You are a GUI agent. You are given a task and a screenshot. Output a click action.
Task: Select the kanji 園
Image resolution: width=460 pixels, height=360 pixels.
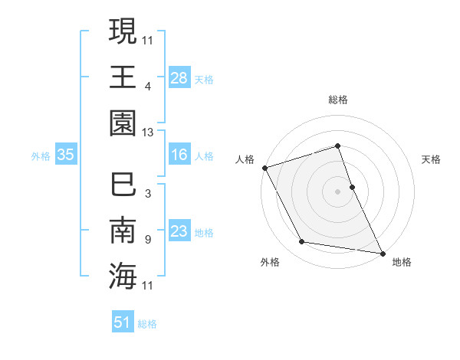click(x=123, y=122)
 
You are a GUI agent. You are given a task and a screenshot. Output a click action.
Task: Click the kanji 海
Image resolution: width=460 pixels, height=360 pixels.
click(x=123, y=277)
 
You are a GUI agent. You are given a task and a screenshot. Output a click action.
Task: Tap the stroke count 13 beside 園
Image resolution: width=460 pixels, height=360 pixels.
click(x=148, y=133)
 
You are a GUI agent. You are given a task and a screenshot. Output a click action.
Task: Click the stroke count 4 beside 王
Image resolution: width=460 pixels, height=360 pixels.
click(x=148, y=85)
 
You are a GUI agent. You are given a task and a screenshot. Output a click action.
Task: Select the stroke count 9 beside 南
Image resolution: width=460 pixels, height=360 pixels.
click(x=148, y=240)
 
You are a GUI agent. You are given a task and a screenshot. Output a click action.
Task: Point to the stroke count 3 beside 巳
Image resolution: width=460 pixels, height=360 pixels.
click(x=148, y=194)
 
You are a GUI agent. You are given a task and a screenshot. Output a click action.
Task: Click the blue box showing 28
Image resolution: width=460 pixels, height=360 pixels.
click(x=179, y=77)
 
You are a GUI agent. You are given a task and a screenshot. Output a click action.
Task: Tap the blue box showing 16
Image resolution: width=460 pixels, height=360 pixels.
click(x=179, y=155)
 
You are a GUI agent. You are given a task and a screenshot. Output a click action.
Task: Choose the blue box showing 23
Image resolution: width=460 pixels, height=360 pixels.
click(x=179, y=232)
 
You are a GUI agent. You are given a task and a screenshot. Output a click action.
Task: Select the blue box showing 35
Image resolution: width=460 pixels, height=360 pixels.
click(x=65, y=155)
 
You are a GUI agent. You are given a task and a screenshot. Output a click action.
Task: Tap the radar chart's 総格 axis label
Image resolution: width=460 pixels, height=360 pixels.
click(x=337, y=100)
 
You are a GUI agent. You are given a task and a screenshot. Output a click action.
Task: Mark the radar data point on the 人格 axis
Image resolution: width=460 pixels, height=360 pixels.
click(x=264, y=168)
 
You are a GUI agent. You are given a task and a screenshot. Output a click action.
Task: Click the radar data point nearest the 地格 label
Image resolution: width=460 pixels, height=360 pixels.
click(x=381, y=252)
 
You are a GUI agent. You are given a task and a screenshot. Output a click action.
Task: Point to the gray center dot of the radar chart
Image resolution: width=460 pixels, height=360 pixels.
click(x=337, y=191)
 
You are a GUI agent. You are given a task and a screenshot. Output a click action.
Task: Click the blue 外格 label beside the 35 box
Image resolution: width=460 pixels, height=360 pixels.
click(x=41, y=156)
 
